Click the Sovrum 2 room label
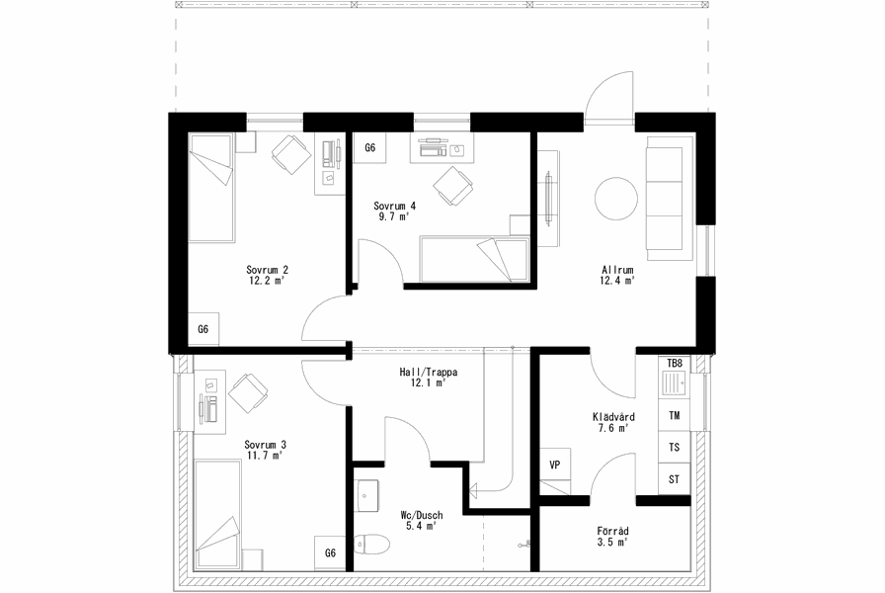pyautogui.click(x=267, y=275)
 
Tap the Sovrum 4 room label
pyautogui.click(x=394, y=211)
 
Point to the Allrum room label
pyautogui.click(x=617, y=275)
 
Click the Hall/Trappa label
pyautogui.click(x=429, y=378)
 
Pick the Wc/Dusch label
pyautogui.click(x=422, y=521)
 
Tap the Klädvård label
pyautogui.click(x=613, y=422)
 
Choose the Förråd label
pyautogui.click(x=613, y=537)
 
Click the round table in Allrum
pyautogui.click(x=616, y=199)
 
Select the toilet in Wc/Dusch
pyautogui.click(x=372, y=545)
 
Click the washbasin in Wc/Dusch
pyautogui.click(x=366, y=496)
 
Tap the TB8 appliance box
pyautogui.click(x=675, y=363)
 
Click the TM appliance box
pyautogui.click(x=675, y=416)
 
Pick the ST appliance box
pyautogui.click(x=675, y=479)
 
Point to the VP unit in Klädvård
pyautogui.click(x=555, y=465)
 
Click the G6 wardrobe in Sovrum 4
pyautogui.click(x=369, y=148)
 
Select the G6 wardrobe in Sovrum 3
pyautogui.click(x=330, y=552)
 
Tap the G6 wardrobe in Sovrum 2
pyautogui.click(x=203, y=329)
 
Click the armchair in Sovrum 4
pyautogui.click(x=452, y=186)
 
